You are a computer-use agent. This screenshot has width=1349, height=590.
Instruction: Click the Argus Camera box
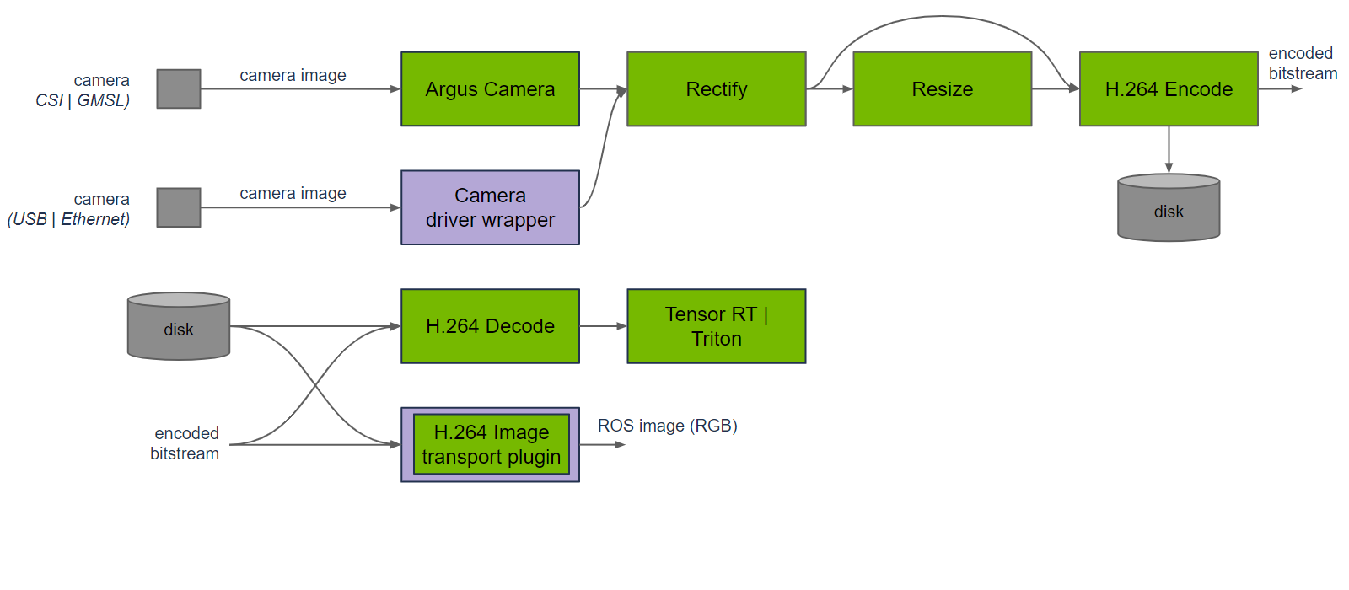[x=490, y=89]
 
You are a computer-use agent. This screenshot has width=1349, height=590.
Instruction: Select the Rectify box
[x=716, y=89]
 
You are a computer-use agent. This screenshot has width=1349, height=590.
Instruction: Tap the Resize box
[x=942, y=89]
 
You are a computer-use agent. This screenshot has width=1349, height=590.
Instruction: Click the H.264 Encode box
[x=1169, y=89]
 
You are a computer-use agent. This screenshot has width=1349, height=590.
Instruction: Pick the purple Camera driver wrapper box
[x=490, y=207]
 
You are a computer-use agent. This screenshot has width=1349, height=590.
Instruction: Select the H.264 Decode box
[x=490, y=326]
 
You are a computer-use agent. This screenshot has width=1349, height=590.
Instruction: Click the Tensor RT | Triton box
[x=716, y=326]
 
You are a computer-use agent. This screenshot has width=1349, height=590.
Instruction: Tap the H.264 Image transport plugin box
[x=491, y=444]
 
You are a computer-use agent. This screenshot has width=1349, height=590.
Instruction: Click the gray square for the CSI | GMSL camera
[x=179, y=88]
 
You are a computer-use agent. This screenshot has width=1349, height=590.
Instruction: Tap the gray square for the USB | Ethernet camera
[x=179, y=207]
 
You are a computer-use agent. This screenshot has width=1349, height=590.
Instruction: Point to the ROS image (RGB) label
[x=667, y=426]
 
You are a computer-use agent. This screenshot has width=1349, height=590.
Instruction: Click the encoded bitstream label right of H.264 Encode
[x=1302, y=63]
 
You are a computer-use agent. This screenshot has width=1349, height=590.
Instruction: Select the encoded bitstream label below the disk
[x=185, y=443]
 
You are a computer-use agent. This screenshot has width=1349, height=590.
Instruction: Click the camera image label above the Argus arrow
[x=293, y=75]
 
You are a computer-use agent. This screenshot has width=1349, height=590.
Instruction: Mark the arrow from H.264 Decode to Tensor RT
[x=603, y=326]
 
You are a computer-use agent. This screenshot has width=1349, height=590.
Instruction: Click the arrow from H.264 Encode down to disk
[x=1169, y=149]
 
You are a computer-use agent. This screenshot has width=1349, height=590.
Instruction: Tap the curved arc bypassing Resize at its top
[x=942, y=16]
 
